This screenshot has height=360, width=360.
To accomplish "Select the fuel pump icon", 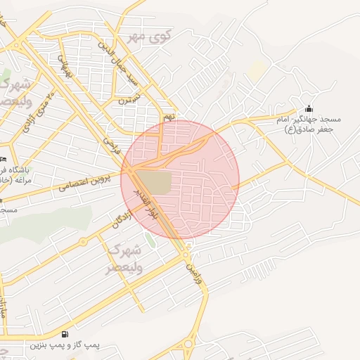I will click(x=65, y=334).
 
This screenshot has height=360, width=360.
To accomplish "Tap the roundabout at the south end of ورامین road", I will click(x=188, y=344).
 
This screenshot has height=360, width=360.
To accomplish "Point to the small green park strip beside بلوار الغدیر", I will click(x=150, y=239).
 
